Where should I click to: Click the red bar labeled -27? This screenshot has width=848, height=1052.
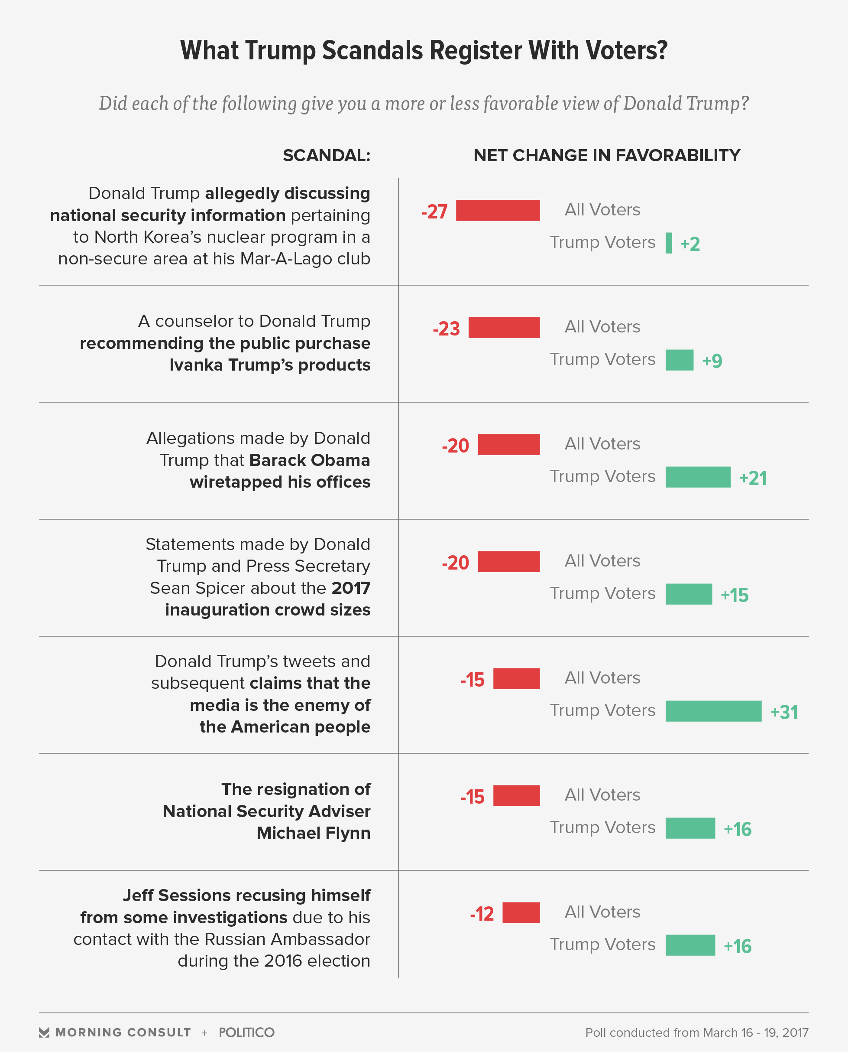tap(498, 210)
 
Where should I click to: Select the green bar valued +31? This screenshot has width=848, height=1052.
tap(713, 711)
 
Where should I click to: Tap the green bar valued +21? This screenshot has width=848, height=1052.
tap(698, 477)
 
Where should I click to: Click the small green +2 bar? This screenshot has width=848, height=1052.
tap(668, 243)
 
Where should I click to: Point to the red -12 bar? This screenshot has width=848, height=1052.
tap(521, 913)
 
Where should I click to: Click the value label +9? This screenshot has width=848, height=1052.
tap(712, 361)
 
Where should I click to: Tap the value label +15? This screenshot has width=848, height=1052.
tap(734, 595)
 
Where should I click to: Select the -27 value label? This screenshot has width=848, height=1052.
tap(434, 212)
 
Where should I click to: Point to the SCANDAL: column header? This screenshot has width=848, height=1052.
tap(326, 156)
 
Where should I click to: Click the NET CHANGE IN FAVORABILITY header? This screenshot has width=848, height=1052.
tap(607, 156)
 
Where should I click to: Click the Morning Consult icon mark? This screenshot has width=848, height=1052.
tap(44, 1032)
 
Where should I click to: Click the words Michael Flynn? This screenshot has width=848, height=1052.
tap(313, 833)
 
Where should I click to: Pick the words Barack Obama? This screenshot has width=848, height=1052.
tap(309, 460)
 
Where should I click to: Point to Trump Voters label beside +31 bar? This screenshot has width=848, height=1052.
tap(602, 710)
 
